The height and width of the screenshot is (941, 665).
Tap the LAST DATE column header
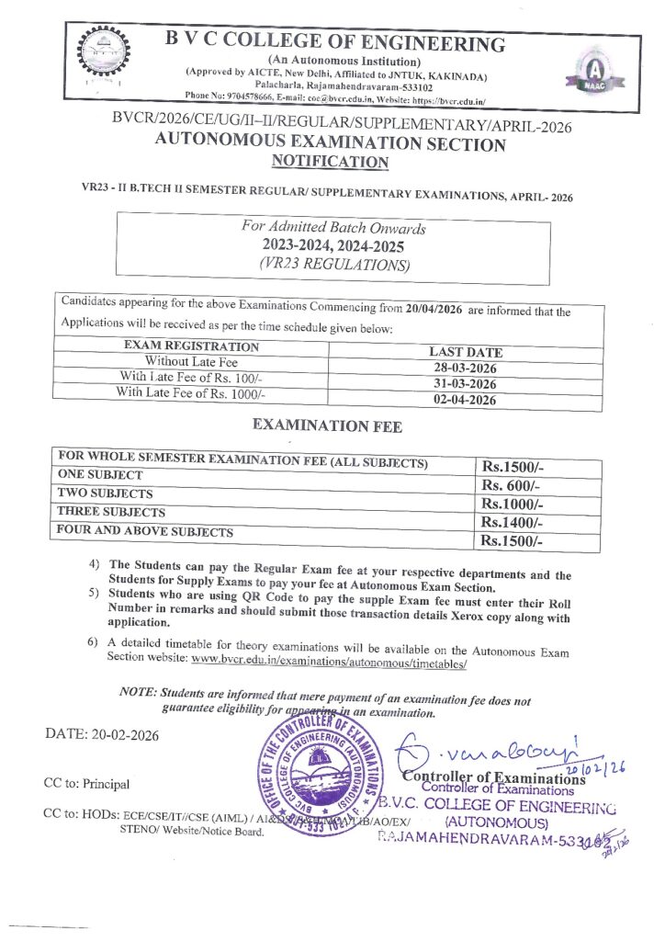(466, 352)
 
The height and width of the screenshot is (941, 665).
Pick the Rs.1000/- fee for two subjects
(513, 504)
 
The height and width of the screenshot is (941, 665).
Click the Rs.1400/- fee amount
(513, 522)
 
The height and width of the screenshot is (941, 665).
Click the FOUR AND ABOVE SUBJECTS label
(145, 531)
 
